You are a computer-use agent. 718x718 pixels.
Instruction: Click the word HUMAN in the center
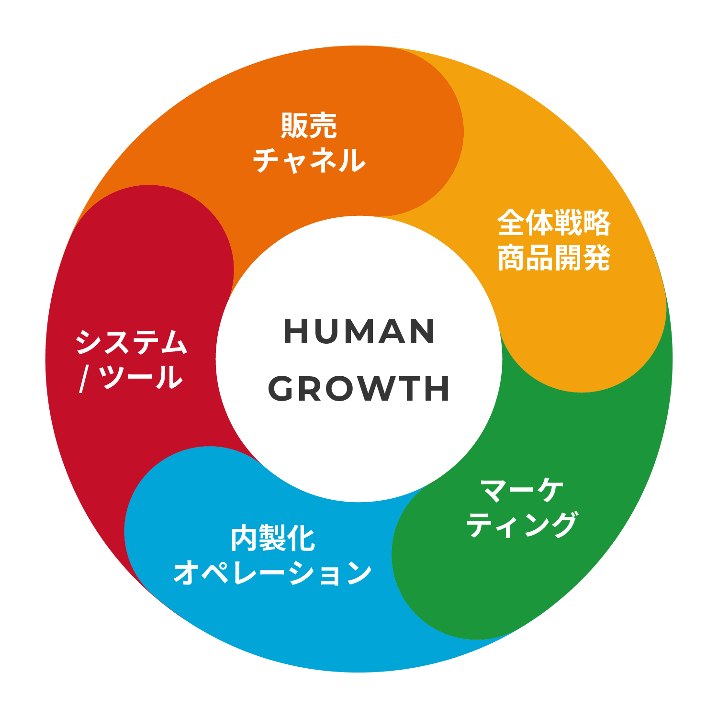[x=359, y=331]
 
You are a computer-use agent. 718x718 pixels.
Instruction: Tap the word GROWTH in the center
[x=359, y=388]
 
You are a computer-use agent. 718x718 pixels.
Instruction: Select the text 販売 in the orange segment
[x=309, y=125]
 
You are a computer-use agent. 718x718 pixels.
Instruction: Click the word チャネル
[x=309, y=160]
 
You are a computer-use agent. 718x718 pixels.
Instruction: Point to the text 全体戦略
[x=554, y=223]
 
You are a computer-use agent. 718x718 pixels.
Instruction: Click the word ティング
[x=522, y=525]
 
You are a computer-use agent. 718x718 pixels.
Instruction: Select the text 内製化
[x=273, y=538]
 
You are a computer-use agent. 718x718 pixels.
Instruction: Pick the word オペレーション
[x=273, y=573]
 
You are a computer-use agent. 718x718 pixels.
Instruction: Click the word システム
[x=131, y=342]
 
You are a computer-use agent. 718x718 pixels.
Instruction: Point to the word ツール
[x=142, y=377]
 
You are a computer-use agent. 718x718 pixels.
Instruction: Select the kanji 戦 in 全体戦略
[x=568, y=223]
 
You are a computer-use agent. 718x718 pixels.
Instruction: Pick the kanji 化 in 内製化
[x=302, y=538]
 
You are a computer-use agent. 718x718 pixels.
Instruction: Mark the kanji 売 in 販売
[x=324, y=125]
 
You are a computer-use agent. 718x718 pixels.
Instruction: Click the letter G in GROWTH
[x=280, y=388]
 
